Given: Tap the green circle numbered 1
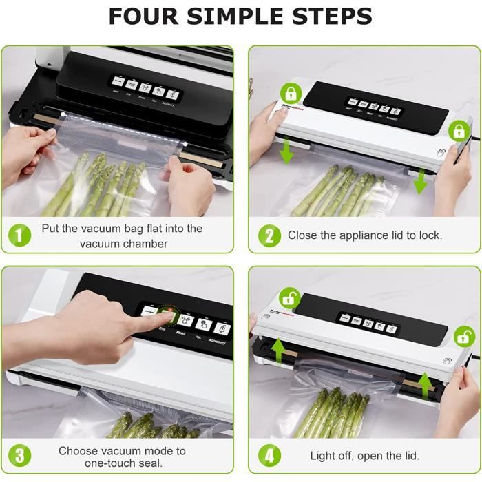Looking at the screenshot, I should (x=20, y=235).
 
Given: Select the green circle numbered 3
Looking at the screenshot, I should (x=20, y=456).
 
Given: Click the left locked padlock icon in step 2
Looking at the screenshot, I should (x=290, y=94).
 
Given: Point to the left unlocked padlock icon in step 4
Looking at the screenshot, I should (x=289, y=298).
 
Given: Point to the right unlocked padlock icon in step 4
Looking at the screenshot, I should (x=464, y=336).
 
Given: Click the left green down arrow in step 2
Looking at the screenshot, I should (x=287, y=151).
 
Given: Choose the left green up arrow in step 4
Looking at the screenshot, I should (x=279, y=350).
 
